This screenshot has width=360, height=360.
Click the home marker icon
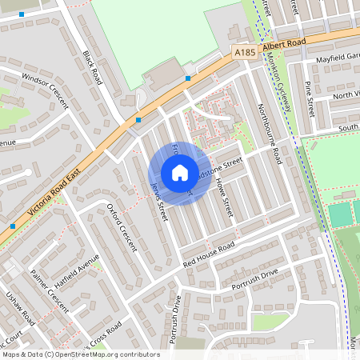[x=180, y=173]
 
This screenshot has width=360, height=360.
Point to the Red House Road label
[x=209, y=254]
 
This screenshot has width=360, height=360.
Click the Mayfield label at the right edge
[x=336, y=58]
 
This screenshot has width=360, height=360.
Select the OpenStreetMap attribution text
[x=80, y=354]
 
